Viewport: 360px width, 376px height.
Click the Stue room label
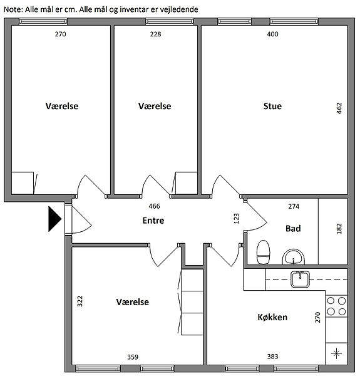(272, 106)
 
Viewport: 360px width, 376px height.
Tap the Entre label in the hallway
(153, 221)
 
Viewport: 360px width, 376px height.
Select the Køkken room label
(272, 317)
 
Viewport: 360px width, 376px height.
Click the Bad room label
(293, 228)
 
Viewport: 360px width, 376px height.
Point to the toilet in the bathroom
(263, 252)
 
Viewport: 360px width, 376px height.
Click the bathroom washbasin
(294, 257)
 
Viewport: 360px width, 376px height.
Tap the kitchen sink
(300, 279)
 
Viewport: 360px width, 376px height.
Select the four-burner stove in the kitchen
(336, 306)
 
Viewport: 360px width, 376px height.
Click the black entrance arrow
(55, 219)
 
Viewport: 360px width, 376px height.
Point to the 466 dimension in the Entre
(154, 206)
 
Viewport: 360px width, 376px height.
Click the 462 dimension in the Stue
(339, 108)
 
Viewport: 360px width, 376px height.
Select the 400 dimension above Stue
(272, 34)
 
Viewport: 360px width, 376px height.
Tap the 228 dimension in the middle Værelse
(155, 34)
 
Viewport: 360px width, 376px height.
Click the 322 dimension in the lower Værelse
(80, 301)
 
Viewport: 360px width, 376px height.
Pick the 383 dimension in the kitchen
(272, 357)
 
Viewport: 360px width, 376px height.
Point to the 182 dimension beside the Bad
(339, 229)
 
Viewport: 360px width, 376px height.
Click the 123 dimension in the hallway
(236, 219)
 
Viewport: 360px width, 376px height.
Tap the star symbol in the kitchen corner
(336, 353)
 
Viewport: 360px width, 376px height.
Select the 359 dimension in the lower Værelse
(133, 357)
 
